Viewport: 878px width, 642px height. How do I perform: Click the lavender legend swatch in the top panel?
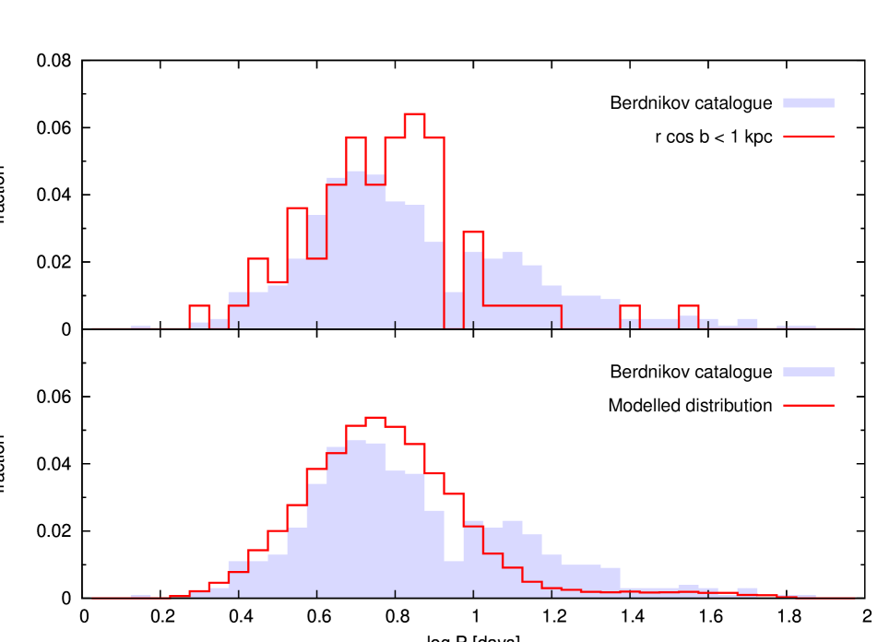click(x=808, y=103)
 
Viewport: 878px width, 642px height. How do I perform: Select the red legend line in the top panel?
click(x=808, y=137)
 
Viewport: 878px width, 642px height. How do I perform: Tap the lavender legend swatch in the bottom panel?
click(x=808, y=373)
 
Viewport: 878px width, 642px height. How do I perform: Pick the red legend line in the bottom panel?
click(x=808, y=405)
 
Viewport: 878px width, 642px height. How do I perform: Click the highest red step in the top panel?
click(x=414, y=114)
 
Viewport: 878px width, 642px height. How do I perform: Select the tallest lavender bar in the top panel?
click(x=356, y=249)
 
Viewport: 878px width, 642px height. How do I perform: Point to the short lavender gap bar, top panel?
click(x=454, y=310)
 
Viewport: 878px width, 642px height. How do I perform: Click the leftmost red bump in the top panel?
click(x=199, y=306)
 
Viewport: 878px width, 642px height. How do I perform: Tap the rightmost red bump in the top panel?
click(x=688, y=306)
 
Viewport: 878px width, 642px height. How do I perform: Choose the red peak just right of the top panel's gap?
click(x=473, y=232)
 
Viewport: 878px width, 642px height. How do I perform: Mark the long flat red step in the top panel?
click(x=522, y=305)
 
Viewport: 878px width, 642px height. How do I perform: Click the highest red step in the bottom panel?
click(x=375, y=418)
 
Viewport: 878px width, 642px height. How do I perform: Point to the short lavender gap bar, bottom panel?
click(x=454, y=578)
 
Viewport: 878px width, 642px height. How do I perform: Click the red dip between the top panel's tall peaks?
click(x=375, y=184)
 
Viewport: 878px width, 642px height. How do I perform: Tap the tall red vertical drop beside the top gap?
click(x=445, y=231)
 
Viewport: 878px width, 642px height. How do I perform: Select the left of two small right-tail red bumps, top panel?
click(x=630, y=306)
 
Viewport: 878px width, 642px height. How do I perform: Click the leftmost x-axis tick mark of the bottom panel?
click(x=239, y=594)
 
